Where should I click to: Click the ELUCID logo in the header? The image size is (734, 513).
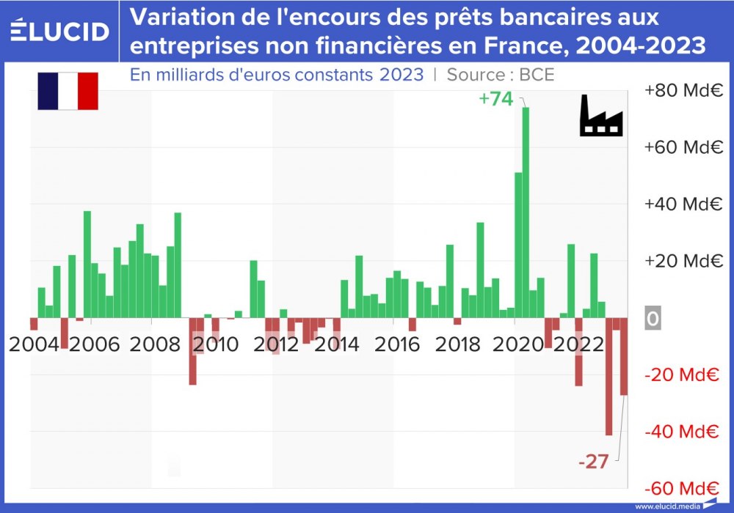(x=60, y=31)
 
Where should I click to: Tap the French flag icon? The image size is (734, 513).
(x=68, y=91)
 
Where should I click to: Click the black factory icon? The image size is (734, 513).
(x=601, y=116)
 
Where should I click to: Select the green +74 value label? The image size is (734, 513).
(x=495, y=99)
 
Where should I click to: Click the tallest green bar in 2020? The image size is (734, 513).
(x=526, y=213)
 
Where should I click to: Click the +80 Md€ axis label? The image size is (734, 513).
(x=683, y=91)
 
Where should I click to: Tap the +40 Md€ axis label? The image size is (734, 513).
(x=683, y=204)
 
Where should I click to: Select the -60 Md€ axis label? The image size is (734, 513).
(x=682, y=489)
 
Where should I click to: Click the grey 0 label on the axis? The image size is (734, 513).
(x=653, y=320)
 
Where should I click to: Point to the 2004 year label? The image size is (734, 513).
(x=34, y=344)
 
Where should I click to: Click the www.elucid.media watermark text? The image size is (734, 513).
(x=666, y=506)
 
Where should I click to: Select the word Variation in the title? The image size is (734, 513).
(x=183, y=18)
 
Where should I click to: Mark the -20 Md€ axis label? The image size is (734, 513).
(x=682, y=375)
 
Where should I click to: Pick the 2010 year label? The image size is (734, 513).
(x=215, y=344)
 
